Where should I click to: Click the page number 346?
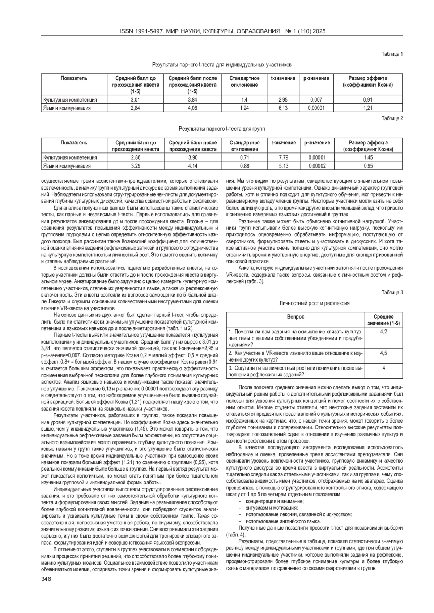(x=46, y=579)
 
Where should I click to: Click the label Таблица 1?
(x=392, y=54)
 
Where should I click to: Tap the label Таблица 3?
(x=392, y=293)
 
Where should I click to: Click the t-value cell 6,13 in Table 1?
(x=283, y=108)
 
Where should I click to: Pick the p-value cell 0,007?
(x=316, y=99)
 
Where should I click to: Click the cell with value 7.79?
(x=283, y=157)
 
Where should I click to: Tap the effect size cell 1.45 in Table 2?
(x=368, y=157)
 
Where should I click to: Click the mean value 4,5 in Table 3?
(x=383, y=353)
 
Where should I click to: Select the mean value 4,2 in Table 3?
(x=383, y=332)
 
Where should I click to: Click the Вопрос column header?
(x=295, y=317)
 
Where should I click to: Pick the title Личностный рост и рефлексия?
(x=314, y=303)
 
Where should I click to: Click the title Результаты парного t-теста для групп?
(x=222, y=129)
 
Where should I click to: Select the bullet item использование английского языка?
(x=283, y=521)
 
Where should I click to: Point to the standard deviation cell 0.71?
(x=244, y=157)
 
